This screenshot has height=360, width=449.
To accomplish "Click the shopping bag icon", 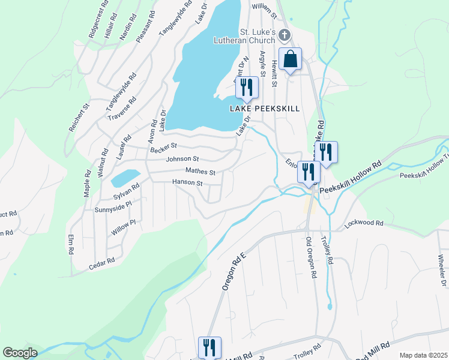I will point(290,60).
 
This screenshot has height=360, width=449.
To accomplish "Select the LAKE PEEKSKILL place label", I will point(265,109).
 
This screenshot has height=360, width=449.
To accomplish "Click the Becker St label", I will point(164,146).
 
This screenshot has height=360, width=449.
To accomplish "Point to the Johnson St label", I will point(182,159).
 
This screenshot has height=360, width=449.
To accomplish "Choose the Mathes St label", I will point(200,172).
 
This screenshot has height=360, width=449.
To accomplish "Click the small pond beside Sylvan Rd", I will point(123,178).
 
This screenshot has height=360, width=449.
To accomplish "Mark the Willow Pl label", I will point(124,226).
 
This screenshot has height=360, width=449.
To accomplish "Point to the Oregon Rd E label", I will point(234,271).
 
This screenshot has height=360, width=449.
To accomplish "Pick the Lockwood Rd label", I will point(364,223).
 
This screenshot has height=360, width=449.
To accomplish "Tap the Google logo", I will point(20,353).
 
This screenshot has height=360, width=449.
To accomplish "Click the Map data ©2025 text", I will point(423,355).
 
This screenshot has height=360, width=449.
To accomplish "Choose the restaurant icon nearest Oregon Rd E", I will point(210,347).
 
